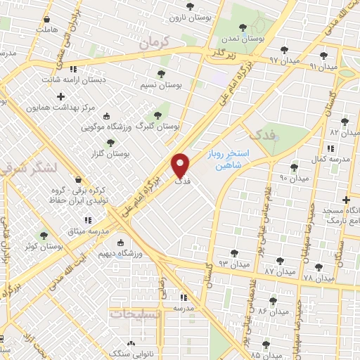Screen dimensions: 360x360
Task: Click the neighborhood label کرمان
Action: pyautogui.click(x=155, y=43)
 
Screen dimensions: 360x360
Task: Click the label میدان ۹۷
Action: pyautogui.click(x=284, y=60)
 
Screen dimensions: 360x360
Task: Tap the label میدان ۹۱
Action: pyautogui.click(x=323, y=65)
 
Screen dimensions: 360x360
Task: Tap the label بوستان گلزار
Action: pyautogui.click(x=111, y=153)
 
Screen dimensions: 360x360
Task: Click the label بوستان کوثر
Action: pyautogui.click(x=44, y=247)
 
